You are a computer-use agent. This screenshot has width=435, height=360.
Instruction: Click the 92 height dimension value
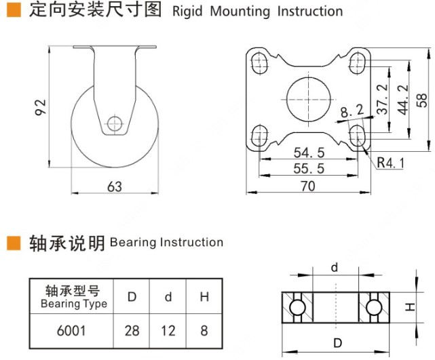(x=40, y=106)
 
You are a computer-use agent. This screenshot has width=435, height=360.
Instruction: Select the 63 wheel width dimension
(x=115, y=186)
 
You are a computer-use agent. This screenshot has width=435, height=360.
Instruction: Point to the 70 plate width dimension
(x=307, y=186)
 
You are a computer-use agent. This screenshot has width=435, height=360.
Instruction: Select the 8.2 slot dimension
(x=352, y=110)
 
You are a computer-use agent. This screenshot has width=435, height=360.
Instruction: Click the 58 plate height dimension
(x=422, y=99)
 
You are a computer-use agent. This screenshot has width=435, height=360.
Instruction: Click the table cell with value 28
(x=133, y=330)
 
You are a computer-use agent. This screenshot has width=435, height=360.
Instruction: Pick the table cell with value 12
(x=168, y=330)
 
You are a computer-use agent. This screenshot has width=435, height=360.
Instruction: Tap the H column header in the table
(x=204, y=296)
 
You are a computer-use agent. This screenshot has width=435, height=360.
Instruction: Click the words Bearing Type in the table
(x=74, y=304)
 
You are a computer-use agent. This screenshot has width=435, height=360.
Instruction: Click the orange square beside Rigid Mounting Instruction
(x=12, y=11)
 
